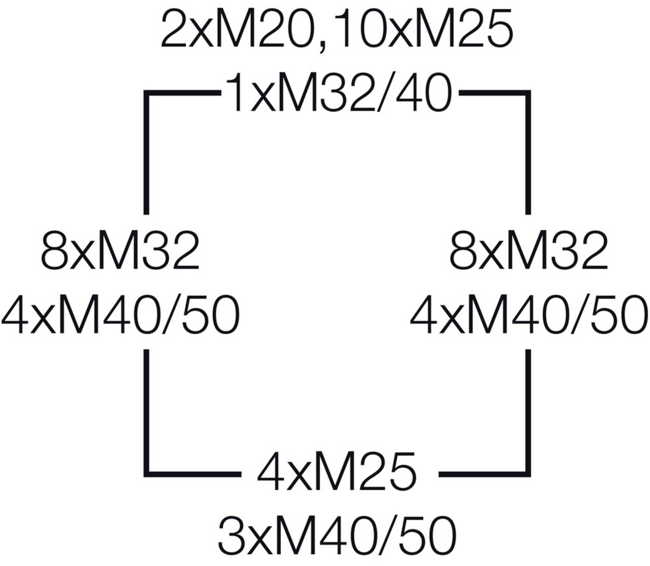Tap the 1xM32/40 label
pyautogui.click(x=339, y=93)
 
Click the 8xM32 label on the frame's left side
pyautogui.click(x=120, y=251)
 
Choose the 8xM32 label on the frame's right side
pyautogui.click(x=529, y=251)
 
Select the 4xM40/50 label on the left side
pyautogui.click(x=121, y=315)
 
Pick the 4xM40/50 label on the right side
pyautogui.click(x=529, y=315)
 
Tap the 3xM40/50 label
pyautogui.click(x=337, y=536)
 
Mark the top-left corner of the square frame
pyautogui.click(x=146, y=93)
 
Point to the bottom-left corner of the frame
pyautogui.click(x=146, y=474)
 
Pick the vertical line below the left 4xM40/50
pyautogui.click(x=146, y=411)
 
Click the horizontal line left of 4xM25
pyautogui.click(x=193, y=474)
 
